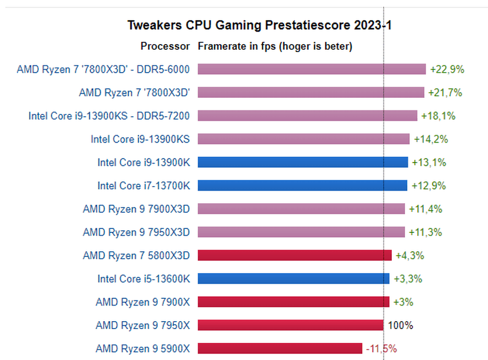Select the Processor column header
[x=165, y=46]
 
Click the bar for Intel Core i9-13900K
[x=303, y=163]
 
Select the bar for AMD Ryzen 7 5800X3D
[x=295, y=255]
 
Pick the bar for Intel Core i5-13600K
[x=293, y=279]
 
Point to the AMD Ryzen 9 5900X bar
[x=280, y=349]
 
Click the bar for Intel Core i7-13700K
[x=302, y=185]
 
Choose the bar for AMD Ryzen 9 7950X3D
[x=301, y=232]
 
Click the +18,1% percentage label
[x=438, y=116]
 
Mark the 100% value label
[x=400, y=326]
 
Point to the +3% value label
[x=403, y=302]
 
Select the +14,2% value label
[x=430, y=139]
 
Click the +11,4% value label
[x=425, y=209]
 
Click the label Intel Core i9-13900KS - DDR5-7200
[x=109, y=116]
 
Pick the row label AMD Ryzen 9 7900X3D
[x=136, y=209]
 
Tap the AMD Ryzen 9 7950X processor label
[x=142, y=326]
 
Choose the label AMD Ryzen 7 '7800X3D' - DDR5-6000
[x=103, y=69]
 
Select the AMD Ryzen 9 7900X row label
[x=142, y=302]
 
